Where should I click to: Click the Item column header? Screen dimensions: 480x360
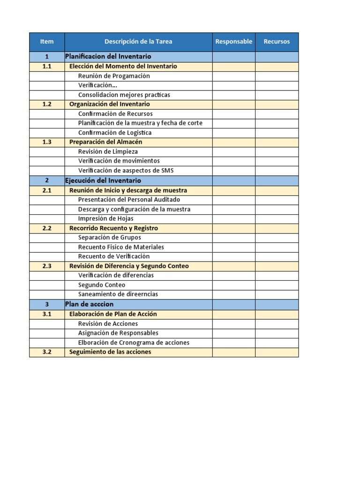click(x=47, y=42)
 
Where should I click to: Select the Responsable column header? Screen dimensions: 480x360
click(x=233, y=42)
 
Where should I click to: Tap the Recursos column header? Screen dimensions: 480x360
click(x=277, y=42)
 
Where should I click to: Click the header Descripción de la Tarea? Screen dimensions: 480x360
click(x=138, y=42)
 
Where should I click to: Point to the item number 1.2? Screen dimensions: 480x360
click(x=47, y=104)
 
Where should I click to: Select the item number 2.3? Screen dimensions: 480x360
click(x=47, y=266)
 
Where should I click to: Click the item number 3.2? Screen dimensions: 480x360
click(x=47, y=352)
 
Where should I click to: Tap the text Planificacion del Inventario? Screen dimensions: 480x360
click(x=108, y=57)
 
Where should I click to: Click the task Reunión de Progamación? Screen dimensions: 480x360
click(x=114, y=76)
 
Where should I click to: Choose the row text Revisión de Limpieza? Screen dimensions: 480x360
click(x=108, y=151)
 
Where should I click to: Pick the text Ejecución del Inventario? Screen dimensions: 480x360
click(x=103, y=180)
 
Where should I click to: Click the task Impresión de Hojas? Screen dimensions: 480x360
click(x=105, y=218)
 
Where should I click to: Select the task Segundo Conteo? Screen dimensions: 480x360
click(x=102, y=285)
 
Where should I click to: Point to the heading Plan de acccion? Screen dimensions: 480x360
click(x=89, y=304)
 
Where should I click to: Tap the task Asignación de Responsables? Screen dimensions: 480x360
click(x=118, y=333)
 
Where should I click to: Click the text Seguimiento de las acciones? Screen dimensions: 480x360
click(x=110, y=352)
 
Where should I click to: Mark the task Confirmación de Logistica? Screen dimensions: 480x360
click(x=115, y=133)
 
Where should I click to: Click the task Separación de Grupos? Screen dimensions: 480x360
click(x=110, y=238)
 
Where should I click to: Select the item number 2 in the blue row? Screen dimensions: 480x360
click(x=47, y=180)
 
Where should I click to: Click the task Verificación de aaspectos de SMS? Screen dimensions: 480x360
click(x=126, y=171)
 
